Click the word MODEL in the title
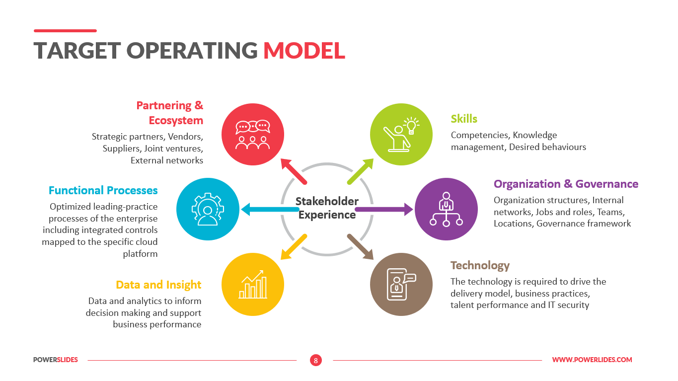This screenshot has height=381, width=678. coord(304,50)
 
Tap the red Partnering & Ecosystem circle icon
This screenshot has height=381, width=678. coord(253,134)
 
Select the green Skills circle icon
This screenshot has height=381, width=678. coord(401,134)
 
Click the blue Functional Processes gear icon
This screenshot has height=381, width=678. coord(208,209)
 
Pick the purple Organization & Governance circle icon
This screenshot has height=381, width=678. coord(446,209)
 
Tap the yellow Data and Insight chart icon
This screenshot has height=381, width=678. coord(253,284)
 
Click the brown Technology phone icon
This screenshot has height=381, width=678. coord(401,284)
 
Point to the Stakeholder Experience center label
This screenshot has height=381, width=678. coord(327,208)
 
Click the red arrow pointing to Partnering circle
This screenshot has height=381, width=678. coord(294,171)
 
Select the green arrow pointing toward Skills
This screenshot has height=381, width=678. coord(360,171)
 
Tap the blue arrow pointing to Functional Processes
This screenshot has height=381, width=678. coord(270,210)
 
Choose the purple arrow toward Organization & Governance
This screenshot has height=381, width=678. coord(384,210)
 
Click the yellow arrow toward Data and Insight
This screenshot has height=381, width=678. coord(294,247)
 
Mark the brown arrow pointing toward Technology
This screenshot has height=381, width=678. coord(360,247)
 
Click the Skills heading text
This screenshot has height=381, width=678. coord(464,119)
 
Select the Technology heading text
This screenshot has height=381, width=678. coord(480,265)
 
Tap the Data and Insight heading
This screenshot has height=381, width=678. coord(158,285)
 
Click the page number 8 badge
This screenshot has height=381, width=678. coord(316,360)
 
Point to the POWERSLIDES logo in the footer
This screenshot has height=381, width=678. coord(56,360)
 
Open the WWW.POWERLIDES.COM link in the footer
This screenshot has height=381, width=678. coord(592,360)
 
